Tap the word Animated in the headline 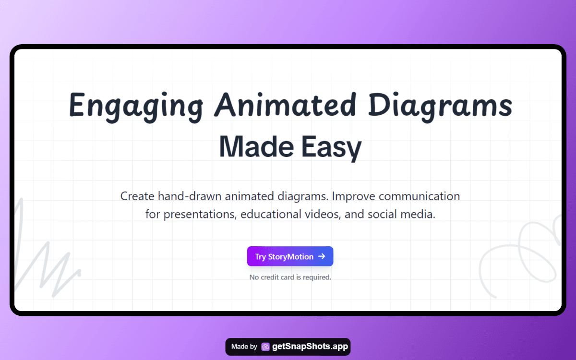pyautogui.click(x=286, y=105)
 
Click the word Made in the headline pyautogui.click(x=256, y=146)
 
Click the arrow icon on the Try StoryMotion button pyautogui.click(x=322, y=256)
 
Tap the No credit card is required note pyautogui.click(x=290, y=277)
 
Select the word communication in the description pyautogui.click(x=419, y=196)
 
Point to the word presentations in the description pyautogui.click(x=200, y=215)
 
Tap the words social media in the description pyautogui.click(x=401, y=214)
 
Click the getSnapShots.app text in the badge pyautogui.click(x=310, y=347)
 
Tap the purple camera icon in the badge pyautogui.click(x=265, y=347)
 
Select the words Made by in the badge pyautogui.click(x=244, y=347)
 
